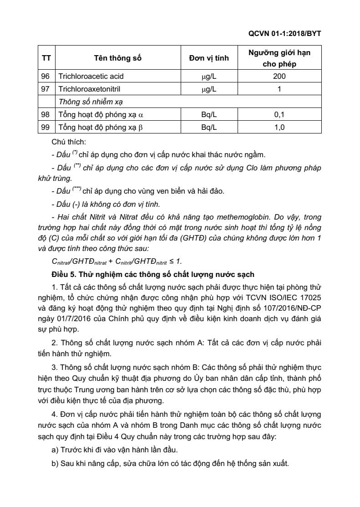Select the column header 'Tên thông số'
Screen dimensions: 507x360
coord(117,58)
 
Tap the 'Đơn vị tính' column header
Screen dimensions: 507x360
coord(209,58)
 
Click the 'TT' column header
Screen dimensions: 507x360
coord(46,58)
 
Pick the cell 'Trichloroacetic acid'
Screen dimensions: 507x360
coord(91,76)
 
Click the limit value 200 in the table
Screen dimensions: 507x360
coord(279,76)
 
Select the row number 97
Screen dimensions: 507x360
coord(46,89)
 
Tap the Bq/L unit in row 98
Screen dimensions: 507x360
coord(209,115)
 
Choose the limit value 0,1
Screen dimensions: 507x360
coord(279,115)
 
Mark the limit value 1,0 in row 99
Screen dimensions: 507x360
coord(279,128)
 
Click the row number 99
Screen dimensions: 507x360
coord(46,128)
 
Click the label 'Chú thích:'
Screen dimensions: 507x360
coord(66,143)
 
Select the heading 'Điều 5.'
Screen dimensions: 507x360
coord(66,275)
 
